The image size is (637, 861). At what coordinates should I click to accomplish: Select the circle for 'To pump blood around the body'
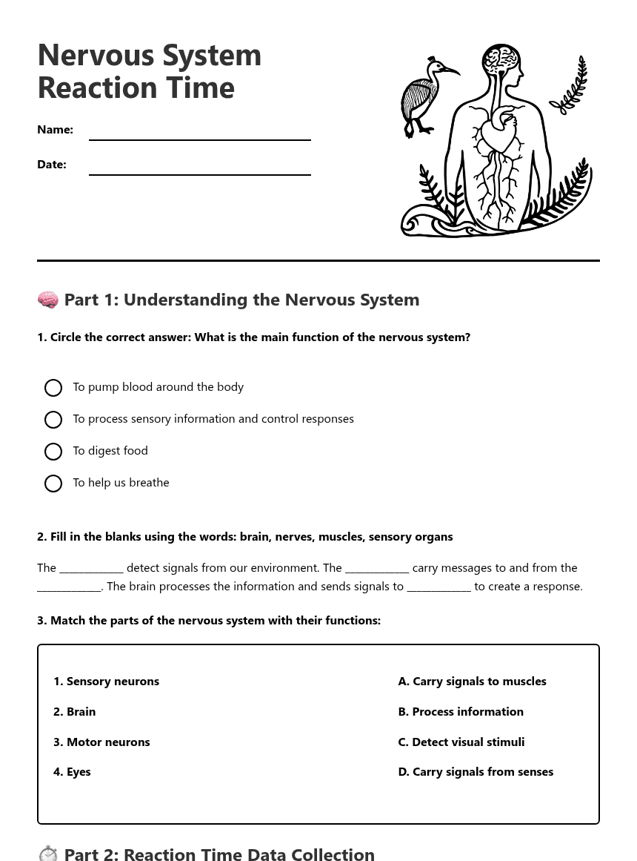point(53,388)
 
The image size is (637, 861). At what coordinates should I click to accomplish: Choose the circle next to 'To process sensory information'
point(53,420)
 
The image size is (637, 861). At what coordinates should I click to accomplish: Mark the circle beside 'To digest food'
point(53,452)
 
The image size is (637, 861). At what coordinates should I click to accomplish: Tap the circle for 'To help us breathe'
point(53,484)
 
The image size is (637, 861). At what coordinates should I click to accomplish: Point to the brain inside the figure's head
point(501,58)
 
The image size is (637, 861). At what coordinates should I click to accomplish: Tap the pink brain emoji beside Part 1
point(48,300)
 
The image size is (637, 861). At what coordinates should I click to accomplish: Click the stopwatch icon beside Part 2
point(48,854)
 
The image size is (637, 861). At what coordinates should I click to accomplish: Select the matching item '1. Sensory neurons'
point(106,682)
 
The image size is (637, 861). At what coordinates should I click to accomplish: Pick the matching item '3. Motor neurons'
point(101,742)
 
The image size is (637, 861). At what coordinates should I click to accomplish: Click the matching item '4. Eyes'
point(72,772)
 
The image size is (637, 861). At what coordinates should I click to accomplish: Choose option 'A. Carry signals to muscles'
point(472,682)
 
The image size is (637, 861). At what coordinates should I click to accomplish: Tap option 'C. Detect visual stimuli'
point(461,742)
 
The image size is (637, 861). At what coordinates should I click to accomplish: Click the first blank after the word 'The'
point(91,569)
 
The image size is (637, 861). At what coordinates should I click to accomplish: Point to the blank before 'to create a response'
point(438,587)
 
